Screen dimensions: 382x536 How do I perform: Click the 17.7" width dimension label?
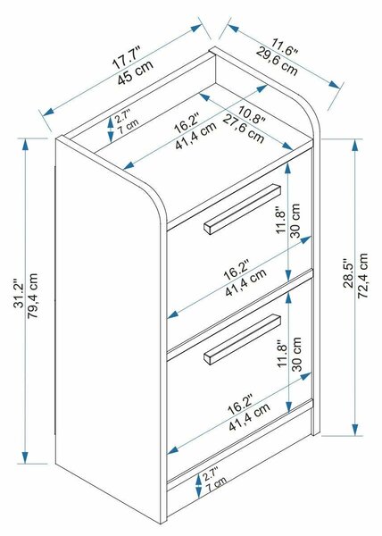coord(127,58)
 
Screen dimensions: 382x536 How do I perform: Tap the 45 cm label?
coord(135,73)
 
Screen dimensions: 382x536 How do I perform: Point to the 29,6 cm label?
coord(277,62)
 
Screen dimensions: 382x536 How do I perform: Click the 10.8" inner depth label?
coord(252,115)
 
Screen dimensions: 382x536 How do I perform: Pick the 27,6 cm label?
coord(244,130)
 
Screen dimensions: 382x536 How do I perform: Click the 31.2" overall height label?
coord(18,296)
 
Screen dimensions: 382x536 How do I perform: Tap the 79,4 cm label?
coord(32,296)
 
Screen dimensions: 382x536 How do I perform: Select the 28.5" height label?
coord(349,273)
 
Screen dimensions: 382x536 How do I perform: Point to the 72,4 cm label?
coord(363,275)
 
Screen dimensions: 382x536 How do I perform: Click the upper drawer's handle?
coord(243,209)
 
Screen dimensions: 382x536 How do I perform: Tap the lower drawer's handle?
coord(243,339)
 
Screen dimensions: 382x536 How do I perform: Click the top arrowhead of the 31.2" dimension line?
coord(25,144)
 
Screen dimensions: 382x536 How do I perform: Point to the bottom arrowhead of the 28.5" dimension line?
coord(355,430)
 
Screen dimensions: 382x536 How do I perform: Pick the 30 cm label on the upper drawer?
coord(296,221)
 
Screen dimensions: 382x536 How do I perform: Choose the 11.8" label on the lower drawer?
coord(282,353)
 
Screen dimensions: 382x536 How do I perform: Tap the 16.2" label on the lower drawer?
coord(240,404)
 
